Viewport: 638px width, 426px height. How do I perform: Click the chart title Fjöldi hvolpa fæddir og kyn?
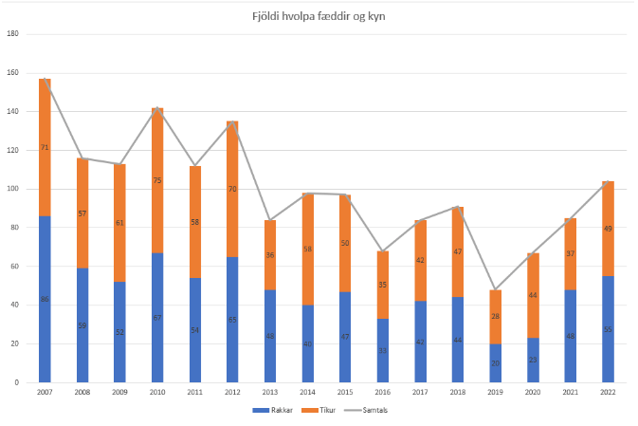pyautogui.click(x=319, y=16)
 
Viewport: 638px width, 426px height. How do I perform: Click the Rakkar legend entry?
pyautogui.click(x=273, y=411)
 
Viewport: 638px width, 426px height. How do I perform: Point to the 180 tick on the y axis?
pyautogui.click(x=13, y=34)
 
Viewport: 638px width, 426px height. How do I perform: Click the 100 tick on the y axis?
pyautogui.click(x=13, y=189)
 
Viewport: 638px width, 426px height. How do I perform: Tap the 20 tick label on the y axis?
pyautogui.click(x=15, y=343)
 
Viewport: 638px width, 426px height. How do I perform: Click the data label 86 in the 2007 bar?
pyautogui.click(x=45, y=300)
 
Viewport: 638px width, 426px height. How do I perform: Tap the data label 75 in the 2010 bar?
pyautogui.click(x=157, y=180)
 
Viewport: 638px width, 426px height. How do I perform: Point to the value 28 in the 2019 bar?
pyautogui.click(x=495, y=316)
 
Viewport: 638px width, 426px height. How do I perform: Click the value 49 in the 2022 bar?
pyautogui.click(x=608, y=229)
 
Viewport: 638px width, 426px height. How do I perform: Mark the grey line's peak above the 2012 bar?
pyautogui.click(x=232, y=121)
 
